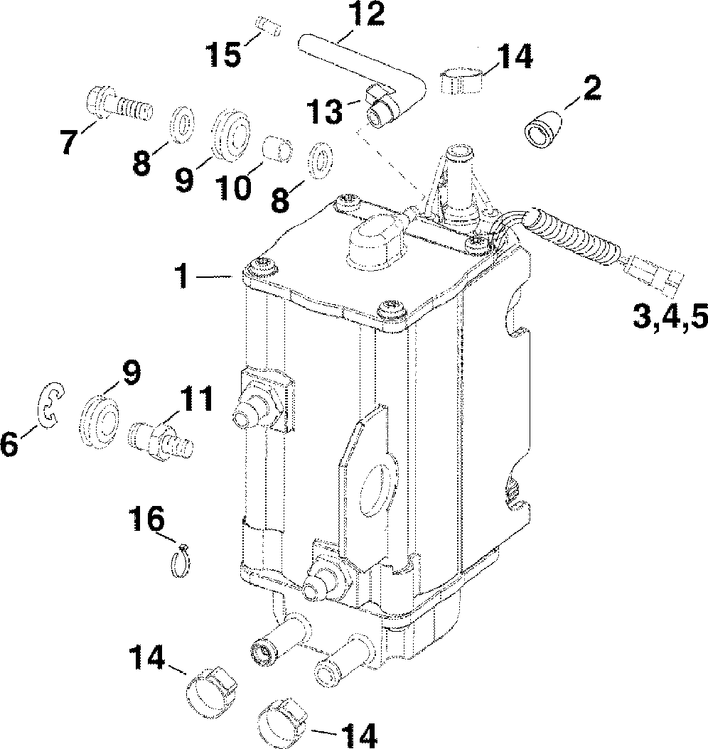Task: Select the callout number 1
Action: click(x=184, y=277)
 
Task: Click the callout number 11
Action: click(x=194, y=400)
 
